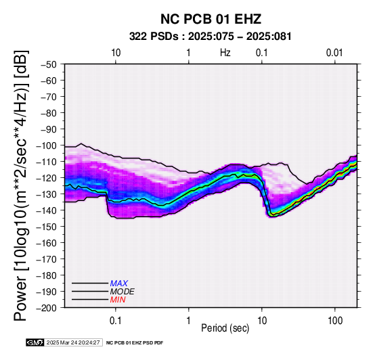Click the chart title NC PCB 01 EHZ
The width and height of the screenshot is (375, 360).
click(211, 19)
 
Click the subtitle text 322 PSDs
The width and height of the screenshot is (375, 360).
click(154, 37)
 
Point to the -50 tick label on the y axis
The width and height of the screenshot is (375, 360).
click(49, 64)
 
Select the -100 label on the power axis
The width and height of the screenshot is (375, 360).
click(47, 145)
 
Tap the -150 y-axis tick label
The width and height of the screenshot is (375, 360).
click(47, 227)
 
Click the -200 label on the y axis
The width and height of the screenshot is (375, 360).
click(47, 308)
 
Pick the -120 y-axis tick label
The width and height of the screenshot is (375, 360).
click(47, 178)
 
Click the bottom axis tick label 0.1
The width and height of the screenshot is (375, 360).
click(116, 321)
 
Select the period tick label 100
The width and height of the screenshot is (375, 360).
click(335, 321)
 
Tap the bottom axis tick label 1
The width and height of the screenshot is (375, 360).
click(188, 321)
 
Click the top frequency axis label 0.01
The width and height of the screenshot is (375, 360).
click(334, 53)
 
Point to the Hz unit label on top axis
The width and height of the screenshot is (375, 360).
click(225, 53)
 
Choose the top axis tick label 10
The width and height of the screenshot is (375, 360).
click(116, 53)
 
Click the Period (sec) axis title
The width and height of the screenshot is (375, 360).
click(225, 328)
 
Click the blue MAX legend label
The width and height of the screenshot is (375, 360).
click(119, 284)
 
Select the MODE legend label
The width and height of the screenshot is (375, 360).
click(123, 292)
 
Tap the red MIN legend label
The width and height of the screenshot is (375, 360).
click(118, 300)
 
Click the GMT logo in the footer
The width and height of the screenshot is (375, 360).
click(35, 342)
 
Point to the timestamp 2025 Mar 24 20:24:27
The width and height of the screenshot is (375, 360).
click(73, 342)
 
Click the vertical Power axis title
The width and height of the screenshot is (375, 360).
click(21, 185)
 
